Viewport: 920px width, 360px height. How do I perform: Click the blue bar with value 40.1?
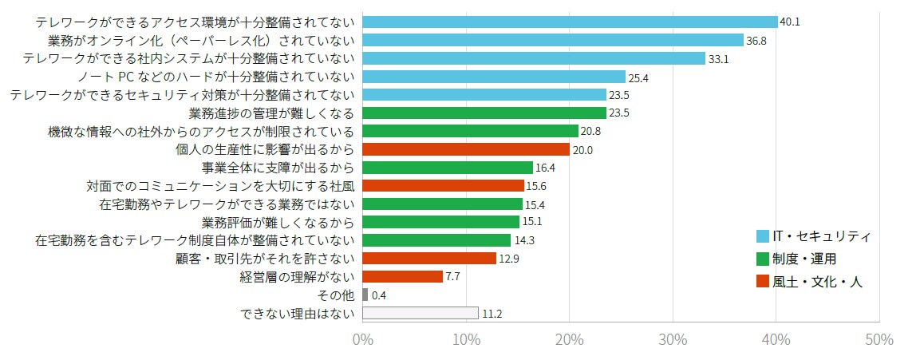point(570,22)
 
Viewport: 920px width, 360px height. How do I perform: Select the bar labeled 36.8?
point(553,40)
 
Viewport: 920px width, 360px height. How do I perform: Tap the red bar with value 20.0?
point(466,149)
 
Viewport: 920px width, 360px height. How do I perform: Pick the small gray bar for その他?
point(365,295)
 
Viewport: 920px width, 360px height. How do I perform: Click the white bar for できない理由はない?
point(421,313)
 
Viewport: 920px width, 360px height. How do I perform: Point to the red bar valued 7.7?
point(403,276)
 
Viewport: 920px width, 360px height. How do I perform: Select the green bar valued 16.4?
point(448,168)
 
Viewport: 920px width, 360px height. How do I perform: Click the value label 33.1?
point(718,58)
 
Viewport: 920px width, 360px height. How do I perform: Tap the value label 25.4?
point(639,77)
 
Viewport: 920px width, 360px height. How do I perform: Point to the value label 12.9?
point(510,259)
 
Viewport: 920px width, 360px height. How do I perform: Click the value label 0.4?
point(379,295)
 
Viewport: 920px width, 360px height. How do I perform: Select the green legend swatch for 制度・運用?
point(763,259)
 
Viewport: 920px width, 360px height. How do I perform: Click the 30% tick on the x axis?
point(673,340)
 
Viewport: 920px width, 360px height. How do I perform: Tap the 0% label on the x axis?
point(363,340)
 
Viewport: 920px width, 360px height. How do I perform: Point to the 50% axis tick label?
point(879,340)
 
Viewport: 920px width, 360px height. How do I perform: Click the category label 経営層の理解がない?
point(297,277)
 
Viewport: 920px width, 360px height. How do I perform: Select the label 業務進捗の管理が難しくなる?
point(271,113)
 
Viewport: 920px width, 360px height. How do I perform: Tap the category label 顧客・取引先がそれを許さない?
point(264,259)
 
